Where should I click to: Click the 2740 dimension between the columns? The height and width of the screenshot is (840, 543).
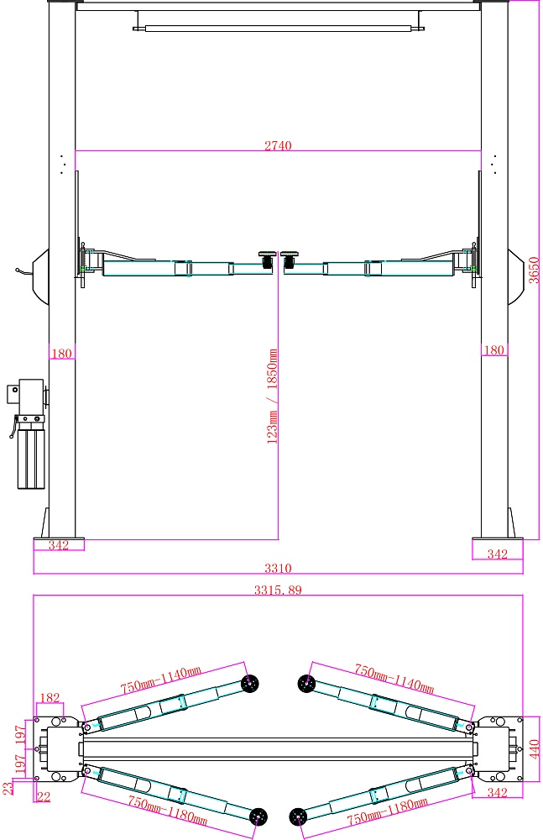278,145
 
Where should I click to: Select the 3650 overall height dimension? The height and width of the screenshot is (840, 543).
534,270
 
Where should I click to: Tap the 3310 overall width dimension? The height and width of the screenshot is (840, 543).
278,568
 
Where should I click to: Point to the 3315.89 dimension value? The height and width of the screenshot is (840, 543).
278,590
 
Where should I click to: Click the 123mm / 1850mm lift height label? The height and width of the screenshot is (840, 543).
272,396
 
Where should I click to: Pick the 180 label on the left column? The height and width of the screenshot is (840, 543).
61,354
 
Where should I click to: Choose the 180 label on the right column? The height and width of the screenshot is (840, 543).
493,350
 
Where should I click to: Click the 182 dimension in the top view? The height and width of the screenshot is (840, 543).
50,697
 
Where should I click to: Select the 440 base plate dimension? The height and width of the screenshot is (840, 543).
534,749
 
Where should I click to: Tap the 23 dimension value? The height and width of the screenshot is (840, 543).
8,788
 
